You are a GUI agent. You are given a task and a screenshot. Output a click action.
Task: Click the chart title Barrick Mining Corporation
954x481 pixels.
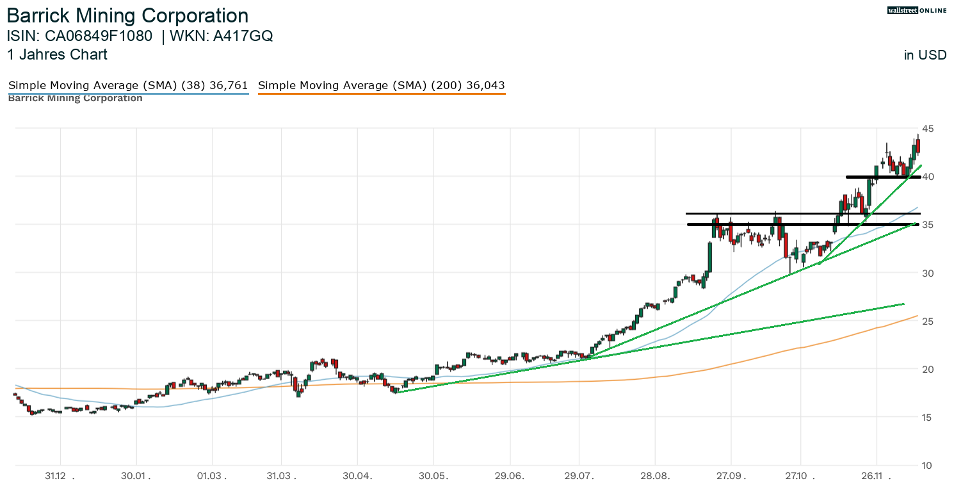click(127, 15)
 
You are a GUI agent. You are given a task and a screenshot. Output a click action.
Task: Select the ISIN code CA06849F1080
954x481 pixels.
click(102, 36)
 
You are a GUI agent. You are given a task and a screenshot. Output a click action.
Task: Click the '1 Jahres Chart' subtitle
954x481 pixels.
click(57, 54)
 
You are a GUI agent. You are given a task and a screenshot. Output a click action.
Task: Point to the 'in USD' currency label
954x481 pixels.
click(925, 55)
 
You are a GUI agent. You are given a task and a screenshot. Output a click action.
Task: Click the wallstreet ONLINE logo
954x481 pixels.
click(916, 10)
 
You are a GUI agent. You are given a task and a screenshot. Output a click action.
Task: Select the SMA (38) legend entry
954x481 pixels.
click(127, 85)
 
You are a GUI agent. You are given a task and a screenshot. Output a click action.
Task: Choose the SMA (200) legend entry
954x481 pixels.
click(381, 85)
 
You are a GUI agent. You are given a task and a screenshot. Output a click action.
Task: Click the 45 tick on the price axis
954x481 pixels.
click(927, 129)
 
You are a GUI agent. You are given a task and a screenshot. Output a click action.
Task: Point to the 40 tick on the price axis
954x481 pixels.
click(927, 177)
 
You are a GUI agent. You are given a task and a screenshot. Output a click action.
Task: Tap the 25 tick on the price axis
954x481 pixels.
click(927, 321)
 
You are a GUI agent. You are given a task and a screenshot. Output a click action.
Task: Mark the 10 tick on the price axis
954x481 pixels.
click(927, 465)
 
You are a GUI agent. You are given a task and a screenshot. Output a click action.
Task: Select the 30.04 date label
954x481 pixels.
click(357, 476)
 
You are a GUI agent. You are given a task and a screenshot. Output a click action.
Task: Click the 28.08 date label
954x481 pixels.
click(655, 476)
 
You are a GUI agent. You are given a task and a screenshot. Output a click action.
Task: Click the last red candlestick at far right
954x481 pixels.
click(918, 146)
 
